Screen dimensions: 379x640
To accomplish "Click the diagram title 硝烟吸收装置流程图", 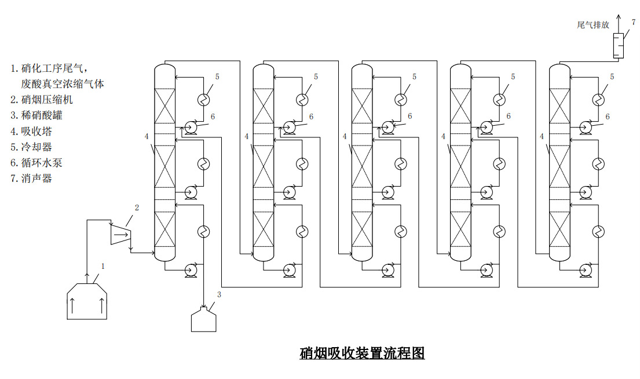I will tap(362, 353).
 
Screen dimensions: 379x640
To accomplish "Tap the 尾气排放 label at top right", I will tap(593, 25).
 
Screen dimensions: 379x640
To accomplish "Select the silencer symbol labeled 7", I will tap(618, 45).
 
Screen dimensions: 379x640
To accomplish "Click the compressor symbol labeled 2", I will tap(120, 233).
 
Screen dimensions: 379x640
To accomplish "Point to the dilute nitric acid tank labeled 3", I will tap(204, 319).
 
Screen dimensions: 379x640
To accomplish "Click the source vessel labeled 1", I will tap(87, 301).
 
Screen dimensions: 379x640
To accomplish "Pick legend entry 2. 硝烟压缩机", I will tap(42, 100).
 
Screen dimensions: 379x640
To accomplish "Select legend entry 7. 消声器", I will tap(31, 178).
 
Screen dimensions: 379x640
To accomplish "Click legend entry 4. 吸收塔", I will tap(31, 132).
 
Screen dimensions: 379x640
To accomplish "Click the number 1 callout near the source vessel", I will tap(103, 267).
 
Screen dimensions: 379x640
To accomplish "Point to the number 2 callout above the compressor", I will tap(137, 207).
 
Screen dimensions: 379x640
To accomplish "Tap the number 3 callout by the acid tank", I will tap(219, 294).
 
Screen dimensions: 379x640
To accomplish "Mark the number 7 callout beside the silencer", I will tap(634, 21).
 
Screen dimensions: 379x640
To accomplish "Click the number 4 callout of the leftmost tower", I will tap(147, 136).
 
